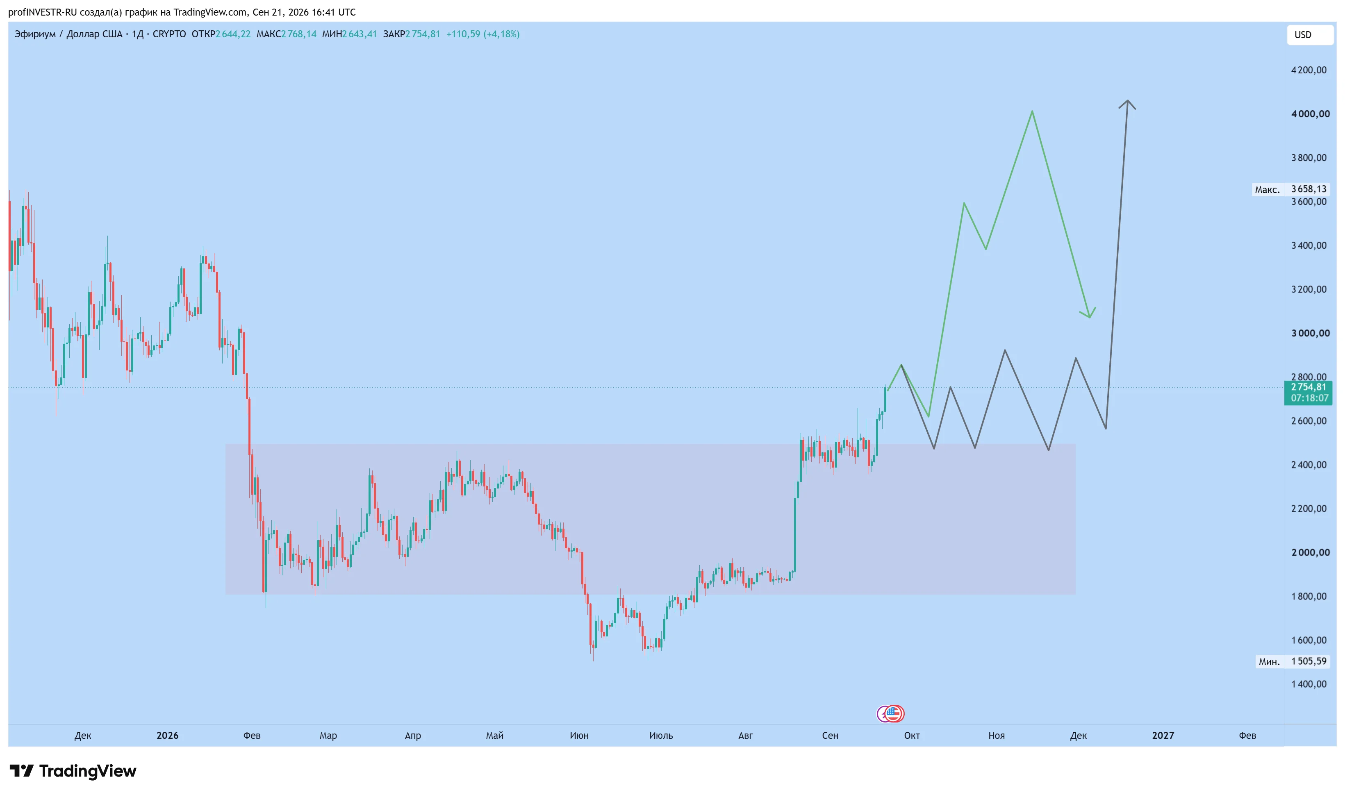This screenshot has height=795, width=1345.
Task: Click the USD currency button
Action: pyautogui.click(x=1310, y=35)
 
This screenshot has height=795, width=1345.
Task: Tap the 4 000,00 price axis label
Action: pyautogui.click(x=1310, y=114)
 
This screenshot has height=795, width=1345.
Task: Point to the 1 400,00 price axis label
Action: pyautogui.click(x=1309, y=684)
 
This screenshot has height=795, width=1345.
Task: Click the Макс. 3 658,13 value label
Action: pyautogui.click(x=1290, y=189)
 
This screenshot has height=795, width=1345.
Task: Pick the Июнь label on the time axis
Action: pyautogui.click(x=579, y=736)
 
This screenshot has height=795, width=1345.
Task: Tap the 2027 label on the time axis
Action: pyautogui.click(x=1163, y=736)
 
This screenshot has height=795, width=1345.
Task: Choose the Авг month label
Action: pyautogui.click(x=745, y=736)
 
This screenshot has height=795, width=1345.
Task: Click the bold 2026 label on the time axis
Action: pyautogui.click(x=168, y=736)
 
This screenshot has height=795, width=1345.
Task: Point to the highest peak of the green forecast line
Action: pyautogui.click(x=1032, y=111)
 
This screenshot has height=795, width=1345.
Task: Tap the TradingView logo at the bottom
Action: pyautogui.click(x=73, y=771)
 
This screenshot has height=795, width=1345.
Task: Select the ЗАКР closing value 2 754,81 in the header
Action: pyautogui.click(x=422, y=34)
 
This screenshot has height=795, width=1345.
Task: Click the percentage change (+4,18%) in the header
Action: pyautogui.click(x=502, y=34)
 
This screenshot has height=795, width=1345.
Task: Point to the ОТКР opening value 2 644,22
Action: pyautogui.click(x=233, y=34)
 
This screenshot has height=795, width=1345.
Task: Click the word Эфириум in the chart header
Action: pyautogui.click(x=35, y=34)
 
